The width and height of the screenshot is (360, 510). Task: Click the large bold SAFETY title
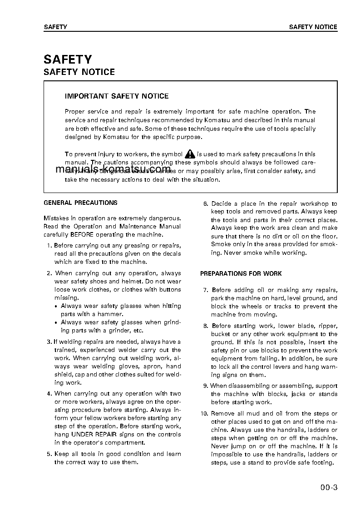68,59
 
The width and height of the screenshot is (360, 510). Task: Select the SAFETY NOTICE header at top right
313,27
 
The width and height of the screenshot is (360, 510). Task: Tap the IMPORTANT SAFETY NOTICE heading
117,96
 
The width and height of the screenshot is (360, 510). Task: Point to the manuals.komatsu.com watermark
107,169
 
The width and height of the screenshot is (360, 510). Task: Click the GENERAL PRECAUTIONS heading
80,203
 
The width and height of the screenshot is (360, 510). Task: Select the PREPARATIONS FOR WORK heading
241,274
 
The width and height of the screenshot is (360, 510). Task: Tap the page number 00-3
328,488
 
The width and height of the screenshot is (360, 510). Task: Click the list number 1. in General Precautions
49,246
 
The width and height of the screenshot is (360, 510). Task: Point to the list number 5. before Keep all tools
49,454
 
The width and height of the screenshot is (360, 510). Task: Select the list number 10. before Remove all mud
204,414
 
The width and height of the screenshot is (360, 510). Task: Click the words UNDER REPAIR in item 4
90,435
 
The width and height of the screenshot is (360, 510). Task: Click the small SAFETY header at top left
55,27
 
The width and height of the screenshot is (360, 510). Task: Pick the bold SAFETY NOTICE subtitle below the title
79,72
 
